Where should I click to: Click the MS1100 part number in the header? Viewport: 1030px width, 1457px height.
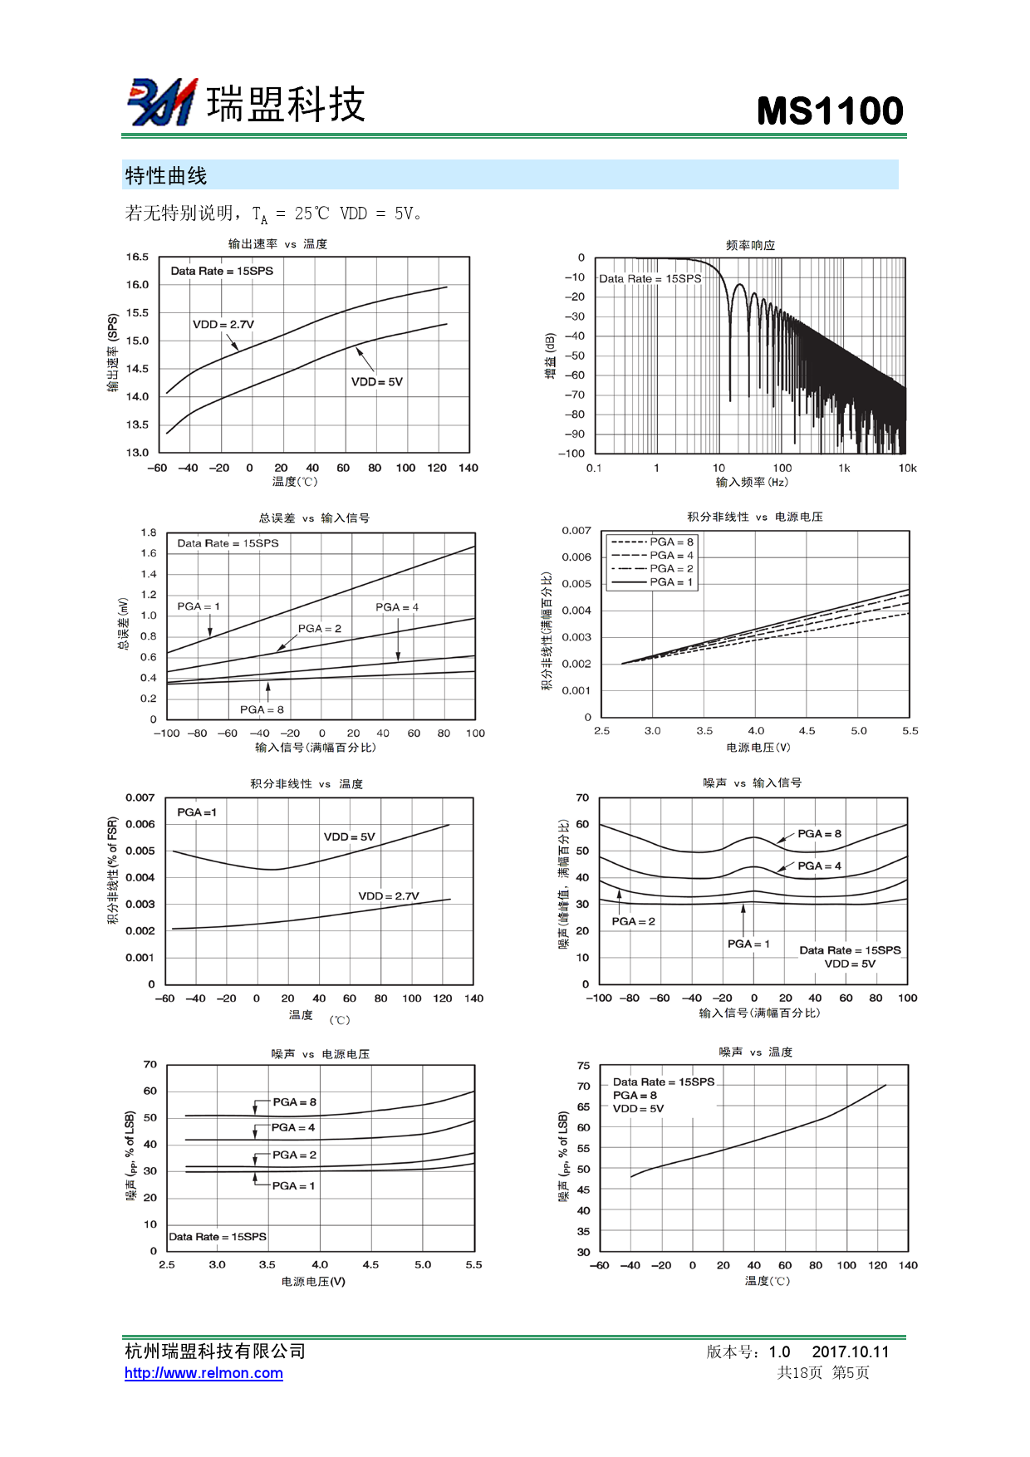tap(829, 111)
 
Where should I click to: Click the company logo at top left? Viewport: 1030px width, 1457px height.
tap(162, 102)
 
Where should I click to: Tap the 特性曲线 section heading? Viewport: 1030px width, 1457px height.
tap(166, 176)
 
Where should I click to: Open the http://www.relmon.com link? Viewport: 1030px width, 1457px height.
tap(204, 1373)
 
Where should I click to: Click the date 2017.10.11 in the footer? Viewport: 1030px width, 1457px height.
tap(850, 1352)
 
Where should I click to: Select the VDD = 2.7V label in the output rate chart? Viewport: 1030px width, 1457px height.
tap(223, 325)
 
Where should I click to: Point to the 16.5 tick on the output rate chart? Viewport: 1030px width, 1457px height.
tap(137, 257)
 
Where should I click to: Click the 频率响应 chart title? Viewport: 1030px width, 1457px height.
tap(750, 245)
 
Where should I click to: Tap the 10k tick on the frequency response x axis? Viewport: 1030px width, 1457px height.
tap(907, 468)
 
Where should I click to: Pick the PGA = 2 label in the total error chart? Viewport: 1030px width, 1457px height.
tap(320, 629)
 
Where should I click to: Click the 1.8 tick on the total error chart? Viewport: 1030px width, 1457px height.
tap(149, 532)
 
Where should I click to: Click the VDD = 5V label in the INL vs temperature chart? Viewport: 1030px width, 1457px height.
tap(349, 836)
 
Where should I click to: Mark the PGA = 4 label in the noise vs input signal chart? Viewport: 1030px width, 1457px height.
tap(819, 866)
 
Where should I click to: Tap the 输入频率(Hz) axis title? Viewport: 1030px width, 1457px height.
tap(752, 482)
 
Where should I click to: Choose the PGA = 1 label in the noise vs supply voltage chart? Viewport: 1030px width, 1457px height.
tap(293, 1185)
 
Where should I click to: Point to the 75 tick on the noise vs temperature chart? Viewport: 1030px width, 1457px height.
tap(583, 1066)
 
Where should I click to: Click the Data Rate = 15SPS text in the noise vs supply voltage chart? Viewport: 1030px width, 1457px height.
tap(218, 1237)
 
